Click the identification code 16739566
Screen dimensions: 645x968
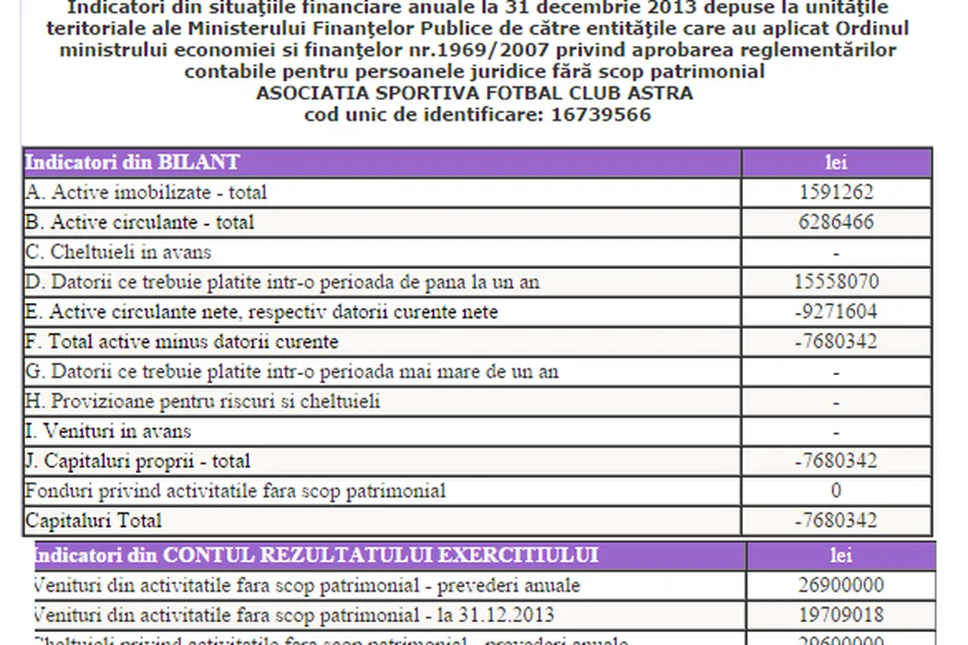[601, 115]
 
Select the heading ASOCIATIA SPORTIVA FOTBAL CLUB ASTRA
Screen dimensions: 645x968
[474, 93]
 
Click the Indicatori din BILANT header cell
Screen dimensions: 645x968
[132, 163]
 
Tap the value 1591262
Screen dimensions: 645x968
[836, 193]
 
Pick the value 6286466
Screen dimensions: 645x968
[836, 222]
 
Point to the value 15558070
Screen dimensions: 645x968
[836, 282]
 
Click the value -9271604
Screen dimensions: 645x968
[836, 311]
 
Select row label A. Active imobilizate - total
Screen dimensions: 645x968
[147, 193]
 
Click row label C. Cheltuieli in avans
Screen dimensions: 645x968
[119, 252]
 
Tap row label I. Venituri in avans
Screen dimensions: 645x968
[109, 431]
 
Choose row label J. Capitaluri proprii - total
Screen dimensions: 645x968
[138, 461]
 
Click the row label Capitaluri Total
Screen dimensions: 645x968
[93, 521]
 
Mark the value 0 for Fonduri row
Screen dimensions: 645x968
[836, 491]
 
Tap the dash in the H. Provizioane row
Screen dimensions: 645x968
[836, 402]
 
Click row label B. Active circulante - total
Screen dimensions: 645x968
[140, 222]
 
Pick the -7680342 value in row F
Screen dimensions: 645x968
[836, 342]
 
